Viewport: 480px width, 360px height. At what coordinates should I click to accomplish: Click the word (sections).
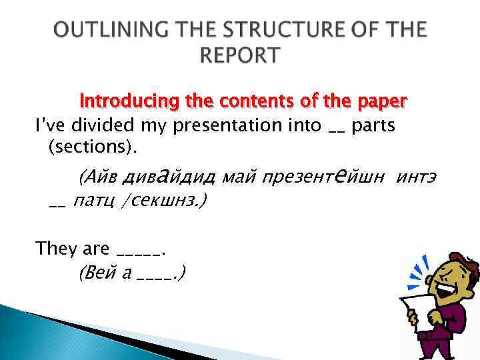tap(85, 146)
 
